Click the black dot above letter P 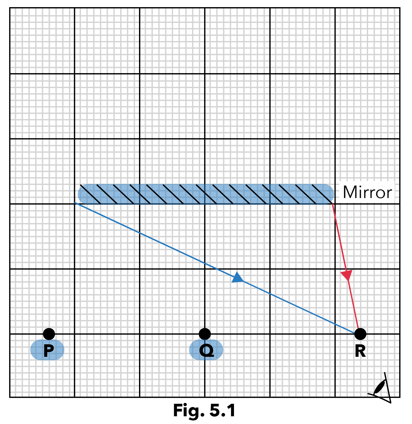[x=49, y=334]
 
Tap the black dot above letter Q [x=205, y=334]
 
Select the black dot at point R [x=360, y=334]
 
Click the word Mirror [x=367, y=192]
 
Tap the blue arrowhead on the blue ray [x=238, y=277]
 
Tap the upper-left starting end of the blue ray [x=75, y=203]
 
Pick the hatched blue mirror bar [x=205, y=194]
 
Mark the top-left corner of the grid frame [x=10, y=8]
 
